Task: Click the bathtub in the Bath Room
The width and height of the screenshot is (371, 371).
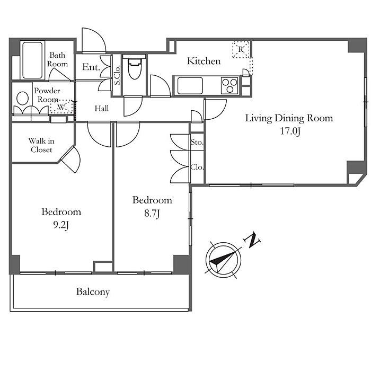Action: coord(33,60)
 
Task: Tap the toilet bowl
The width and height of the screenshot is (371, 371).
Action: coord(135,67)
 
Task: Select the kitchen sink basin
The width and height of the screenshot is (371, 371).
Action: coord(190,86)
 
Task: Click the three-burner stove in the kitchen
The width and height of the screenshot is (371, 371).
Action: coord(229,86)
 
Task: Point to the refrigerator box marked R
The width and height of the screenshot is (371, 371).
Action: coord(241,49)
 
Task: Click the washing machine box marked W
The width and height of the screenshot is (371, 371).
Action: coord(62,107)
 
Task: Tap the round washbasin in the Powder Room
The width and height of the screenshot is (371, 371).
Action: coord(23,98)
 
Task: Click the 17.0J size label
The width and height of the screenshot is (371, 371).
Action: coord(290,131)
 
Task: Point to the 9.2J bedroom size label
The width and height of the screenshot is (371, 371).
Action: coord(61,225)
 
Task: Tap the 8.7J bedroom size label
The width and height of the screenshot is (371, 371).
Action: coord(152,214)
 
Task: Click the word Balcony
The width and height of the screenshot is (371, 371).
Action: coord(93,292)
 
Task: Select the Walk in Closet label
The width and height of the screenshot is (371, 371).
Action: coord(41,145)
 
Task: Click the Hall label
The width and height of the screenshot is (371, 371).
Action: coord(102,108)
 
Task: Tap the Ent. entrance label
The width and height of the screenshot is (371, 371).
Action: coord(91,67)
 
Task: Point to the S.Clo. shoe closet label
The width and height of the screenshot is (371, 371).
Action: coord(117,75)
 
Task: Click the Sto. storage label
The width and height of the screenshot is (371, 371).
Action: coord(197,142)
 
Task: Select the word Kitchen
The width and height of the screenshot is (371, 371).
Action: coord(204,61)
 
